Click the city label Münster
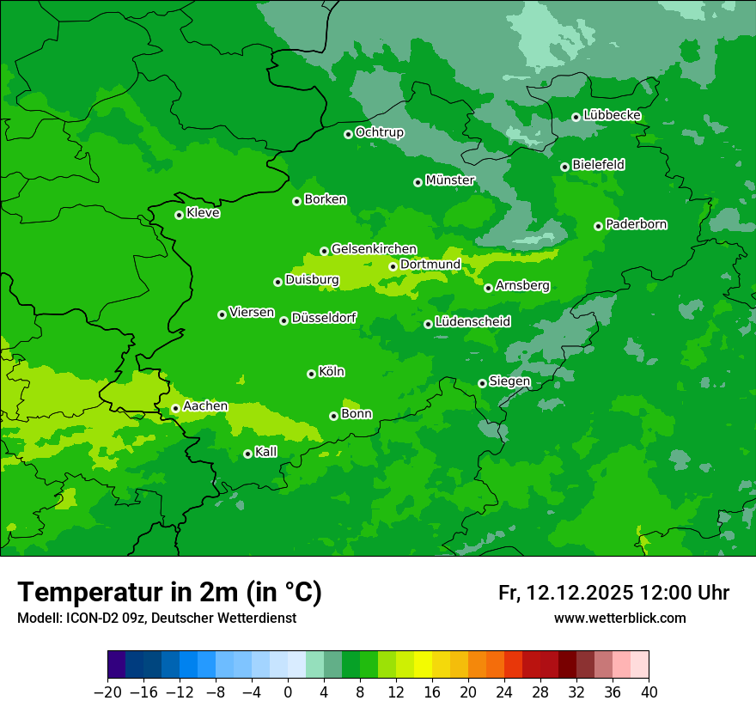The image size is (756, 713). [x=449, y=180]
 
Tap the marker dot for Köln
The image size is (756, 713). [x=311, y=374]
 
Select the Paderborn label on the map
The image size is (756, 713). [x=636, y=224]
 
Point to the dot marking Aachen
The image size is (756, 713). [x=175, y=409]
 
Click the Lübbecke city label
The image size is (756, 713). [x=612, y=115]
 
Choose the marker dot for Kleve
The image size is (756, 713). [x=179, y=215]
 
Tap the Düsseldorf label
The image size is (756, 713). [x=324, y=318]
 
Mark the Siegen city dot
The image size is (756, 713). [x=482, y=383]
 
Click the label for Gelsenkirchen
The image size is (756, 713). [x=374, y=249]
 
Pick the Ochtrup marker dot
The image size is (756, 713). [x=348, y=134]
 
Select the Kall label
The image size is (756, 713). [x=266, y=452]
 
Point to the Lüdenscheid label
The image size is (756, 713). [x=472, y=322]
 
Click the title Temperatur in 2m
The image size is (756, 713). [x=169, y=592]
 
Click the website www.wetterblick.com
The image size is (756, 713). [x=619, y=618]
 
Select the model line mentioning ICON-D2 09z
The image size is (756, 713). [x=156, y=618]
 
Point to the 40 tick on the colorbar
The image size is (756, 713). [x=649, y=692]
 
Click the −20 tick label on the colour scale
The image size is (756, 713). [x=107, y=692]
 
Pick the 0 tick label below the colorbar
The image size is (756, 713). [x=288, y=692]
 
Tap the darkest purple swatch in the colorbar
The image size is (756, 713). [x=116, y=665]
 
